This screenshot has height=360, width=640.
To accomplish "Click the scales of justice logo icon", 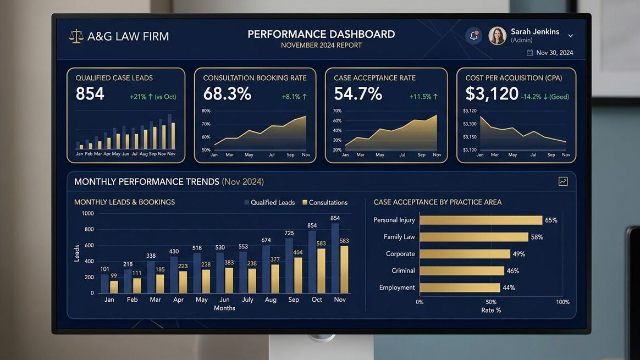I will coord(76,36).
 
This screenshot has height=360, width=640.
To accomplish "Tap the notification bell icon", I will coord(473,36).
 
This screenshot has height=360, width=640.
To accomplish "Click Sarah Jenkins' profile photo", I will coord(497,36).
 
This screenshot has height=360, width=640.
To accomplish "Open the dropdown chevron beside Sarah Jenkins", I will coord(570,36).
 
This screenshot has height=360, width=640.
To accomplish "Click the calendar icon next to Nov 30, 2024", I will coord(530,53).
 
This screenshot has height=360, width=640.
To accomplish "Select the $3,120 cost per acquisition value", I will coord(492,94).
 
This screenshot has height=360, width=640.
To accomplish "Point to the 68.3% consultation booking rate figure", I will coord(227,94).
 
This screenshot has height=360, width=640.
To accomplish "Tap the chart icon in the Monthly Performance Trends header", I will coord(563,181).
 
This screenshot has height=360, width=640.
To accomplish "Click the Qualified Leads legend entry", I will coord(269,202).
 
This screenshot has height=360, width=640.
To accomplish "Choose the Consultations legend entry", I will coord(325,202).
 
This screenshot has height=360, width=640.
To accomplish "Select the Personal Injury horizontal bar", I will coord(481,220).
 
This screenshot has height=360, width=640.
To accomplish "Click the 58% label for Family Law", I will coord(537,237).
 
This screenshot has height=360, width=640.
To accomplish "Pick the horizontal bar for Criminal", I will coord(461,270).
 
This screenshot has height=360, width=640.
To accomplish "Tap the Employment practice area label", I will coord(397,287).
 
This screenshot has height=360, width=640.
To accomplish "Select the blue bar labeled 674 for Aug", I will coord(266,269).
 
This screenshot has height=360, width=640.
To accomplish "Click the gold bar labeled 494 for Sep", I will coord(298,275).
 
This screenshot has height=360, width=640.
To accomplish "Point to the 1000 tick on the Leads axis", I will coord(87,213).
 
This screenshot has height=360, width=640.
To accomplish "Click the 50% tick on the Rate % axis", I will coord(491,302).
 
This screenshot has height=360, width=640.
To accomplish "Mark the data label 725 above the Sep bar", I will coord(289,233).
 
